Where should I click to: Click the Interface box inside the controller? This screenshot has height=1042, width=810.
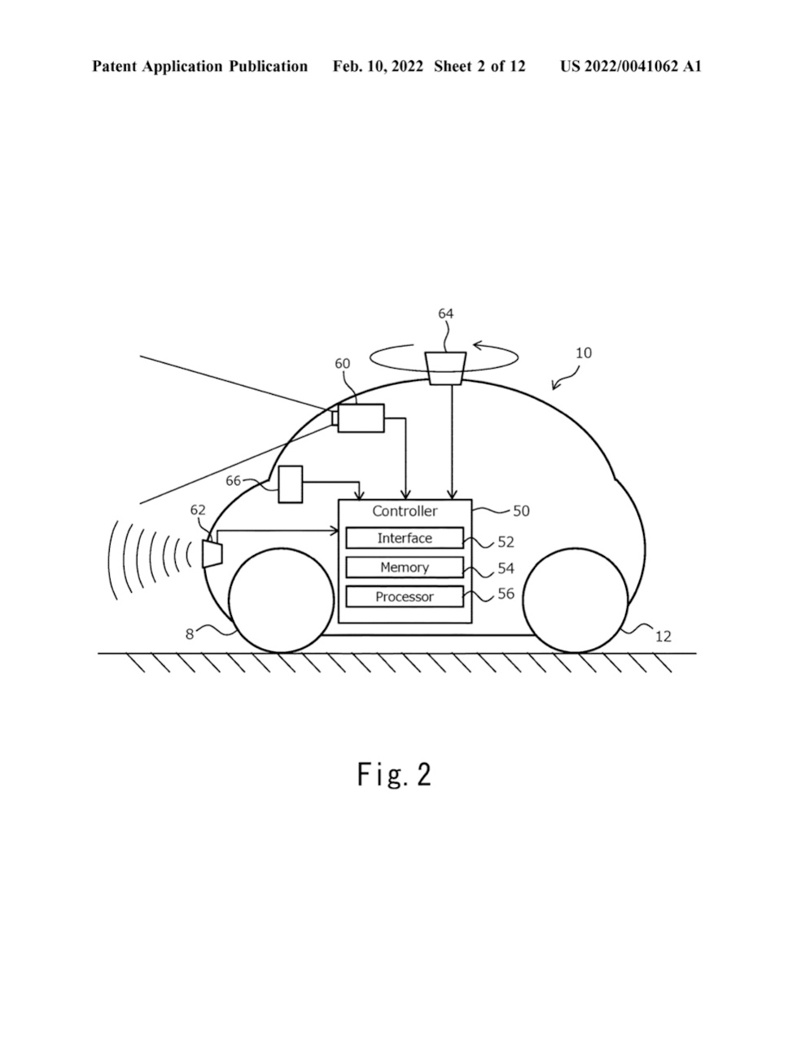pyautogui.click(x=405, y=538)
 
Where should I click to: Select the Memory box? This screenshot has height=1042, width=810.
pyautogui.click(x=405, y=567)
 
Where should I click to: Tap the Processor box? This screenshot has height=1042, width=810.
pyautogui.click(x=405, y=597)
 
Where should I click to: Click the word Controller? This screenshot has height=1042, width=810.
pyautogui.click(x=405, y=511)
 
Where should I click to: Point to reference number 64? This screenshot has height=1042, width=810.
pyautogui.click(x=446, y=313)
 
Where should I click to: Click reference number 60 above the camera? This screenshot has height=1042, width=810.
pyautogui.click(x=343, y=363)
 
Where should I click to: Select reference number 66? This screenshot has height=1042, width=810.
pyautogui.click(x=233, y=481)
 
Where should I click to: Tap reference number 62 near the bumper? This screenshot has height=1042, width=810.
pyautogui.click(x=198, y=510)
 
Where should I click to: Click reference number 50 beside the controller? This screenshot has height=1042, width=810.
pyautogui.click(x=521, y=511)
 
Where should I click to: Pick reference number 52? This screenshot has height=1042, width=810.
pyautogui.click(x=506, y=541)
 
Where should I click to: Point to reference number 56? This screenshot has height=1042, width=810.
pyautogui.click(x=506, y=593)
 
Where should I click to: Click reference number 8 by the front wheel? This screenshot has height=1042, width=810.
pyautogui.click(x=190, y=634)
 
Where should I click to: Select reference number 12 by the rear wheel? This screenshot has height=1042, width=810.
pyautogui.click(x=663, y=636)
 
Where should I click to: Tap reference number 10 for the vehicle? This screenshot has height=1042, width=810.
pyautogui.click(x=584, y=353)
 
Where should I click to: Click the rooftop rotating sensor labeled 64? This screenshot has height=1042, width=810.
pyautogui.click(x=446, y=368)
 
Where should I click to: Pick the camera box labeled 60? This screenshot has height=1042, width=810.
pyautogui.click(x=361, y=418)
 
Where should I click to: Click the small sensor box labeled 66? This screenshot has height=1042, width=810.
pyautogui.click(x=291, y=484)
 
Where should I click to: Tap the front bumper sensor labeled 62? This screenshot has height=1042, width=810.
pyautogui.click(x=212, y=555)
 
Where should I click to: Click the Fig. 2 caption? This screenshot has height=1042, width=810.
pyautogui.click(x=394, y=774)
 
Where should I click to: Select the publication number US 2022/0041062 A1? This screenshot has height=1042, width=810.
pyautogui.click(x=630, y=67)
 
